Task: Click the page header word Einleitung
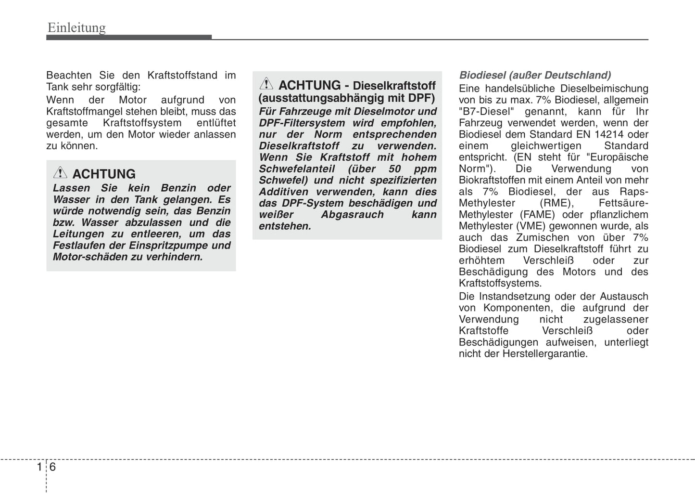76,28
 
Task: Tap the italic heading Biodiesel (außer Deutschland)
535,75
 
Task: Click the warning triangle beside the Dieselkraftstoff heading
266,84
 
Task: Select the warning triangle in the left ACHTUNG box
60,172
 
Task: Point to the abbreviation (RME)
557,203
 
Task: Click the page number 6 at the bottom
52,467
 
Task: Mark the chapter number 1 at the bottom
39,467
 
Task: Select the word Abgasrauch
352,214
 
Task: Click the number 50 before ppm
394,169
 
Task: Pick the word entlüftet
216,123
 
